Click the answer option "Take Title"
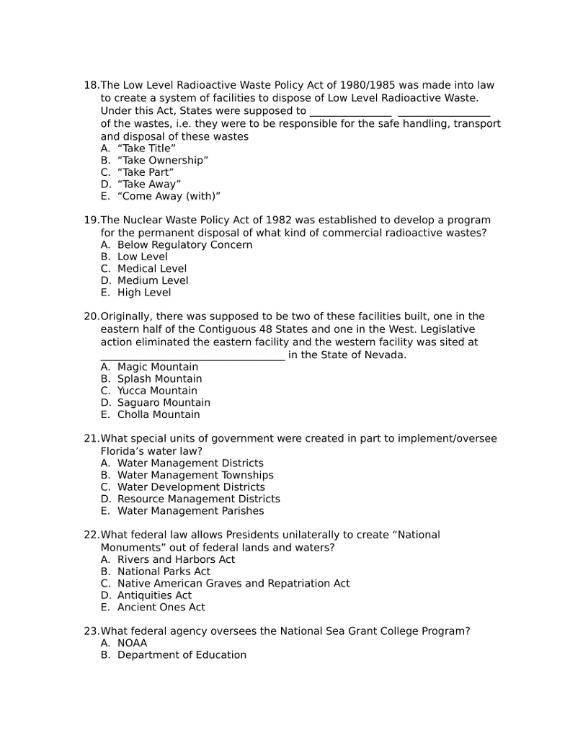pyautogui.click(x=146, y=148)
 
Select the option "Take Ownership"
pyautogui.click(x=163, y=160)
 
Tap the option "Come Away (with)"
pyautogui.click(x=169, y=196)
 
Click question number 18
pyautogui.click(x=91, y=85)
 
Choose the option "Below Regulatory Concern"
pyautogui.click(x=184, y=244)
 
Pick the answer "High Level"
pyautogui.click(x=144, y=293)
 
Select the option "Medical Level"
pyautogui.click(x=151, y=269)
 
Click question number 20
pyautogui.click(x=91, y=316)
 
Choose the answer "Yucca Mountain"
pyautogui.click(x=157, y=391)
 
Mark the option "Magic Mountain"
pyautogui.click(x=158, y=367)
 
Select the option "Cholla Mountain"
pyautogui.click(x=159, y=414)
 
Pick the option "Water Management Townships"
pyautogui.click(x=195, y=475)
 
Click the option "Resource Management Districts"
pyautogui.click(x=198, y=499)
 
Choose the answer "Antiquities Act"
pyautogui.click(x=154, y=595)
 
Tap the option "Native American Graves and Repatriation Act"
pyautogui.click(x=233, y=583)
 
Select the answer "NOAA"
pyautogui.click(x=132, y=643)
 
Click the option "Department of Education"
pyautogui.click(x=182, y=655)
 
